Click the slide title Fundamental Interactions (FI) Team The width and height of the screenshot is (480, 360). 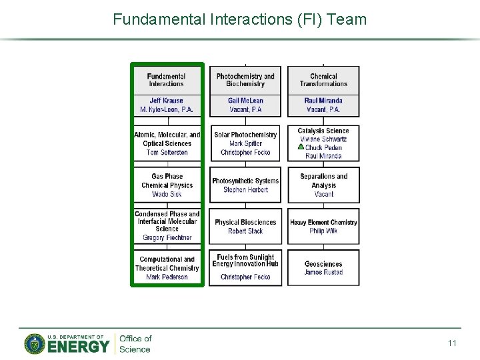pos(240,19)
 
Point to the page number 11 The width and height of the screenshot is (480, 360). pos(452,343)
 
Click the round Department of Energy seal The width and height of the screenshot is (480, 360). pos(35,344)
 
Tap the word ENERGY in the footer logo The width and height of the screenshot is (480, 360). pos(78,347)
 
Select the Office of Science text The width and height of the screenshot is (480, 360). pos(135,344)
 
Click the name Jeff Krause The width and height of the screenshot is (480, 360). pos(166,101)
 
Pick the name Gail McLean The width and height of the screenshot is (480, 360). pos(245,101)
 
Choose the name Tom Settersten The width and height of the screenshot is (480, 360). pos(167,153)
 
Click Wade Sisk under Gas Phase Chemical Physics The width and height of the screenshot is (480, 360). pos(167,195)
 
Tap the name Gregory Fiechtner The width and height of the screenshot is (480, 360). pos(167,238)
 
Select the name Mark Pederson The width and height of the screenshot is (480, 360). pos(167,277)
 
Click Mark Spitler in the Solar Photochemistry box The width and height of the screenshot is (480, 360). pos(245,143)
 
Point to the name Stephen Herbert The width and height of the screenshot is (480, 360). pos(245,190)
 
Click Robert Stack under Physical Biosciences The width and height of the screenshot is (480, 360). pos(245,231)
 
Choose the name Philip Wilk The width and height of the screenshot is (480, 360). pos(323,231)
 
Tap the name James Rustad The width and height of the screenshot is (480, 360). pos(323,272)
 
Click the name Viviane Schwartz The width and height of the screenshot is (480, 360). pos(323,139)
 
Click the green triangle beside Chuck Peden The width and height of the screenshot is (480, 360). pos(301,147)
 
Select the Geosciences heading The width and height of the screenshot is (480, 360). pos(323,264)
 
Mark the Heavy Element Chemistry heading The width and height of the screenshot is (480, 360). pos(323,222)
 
